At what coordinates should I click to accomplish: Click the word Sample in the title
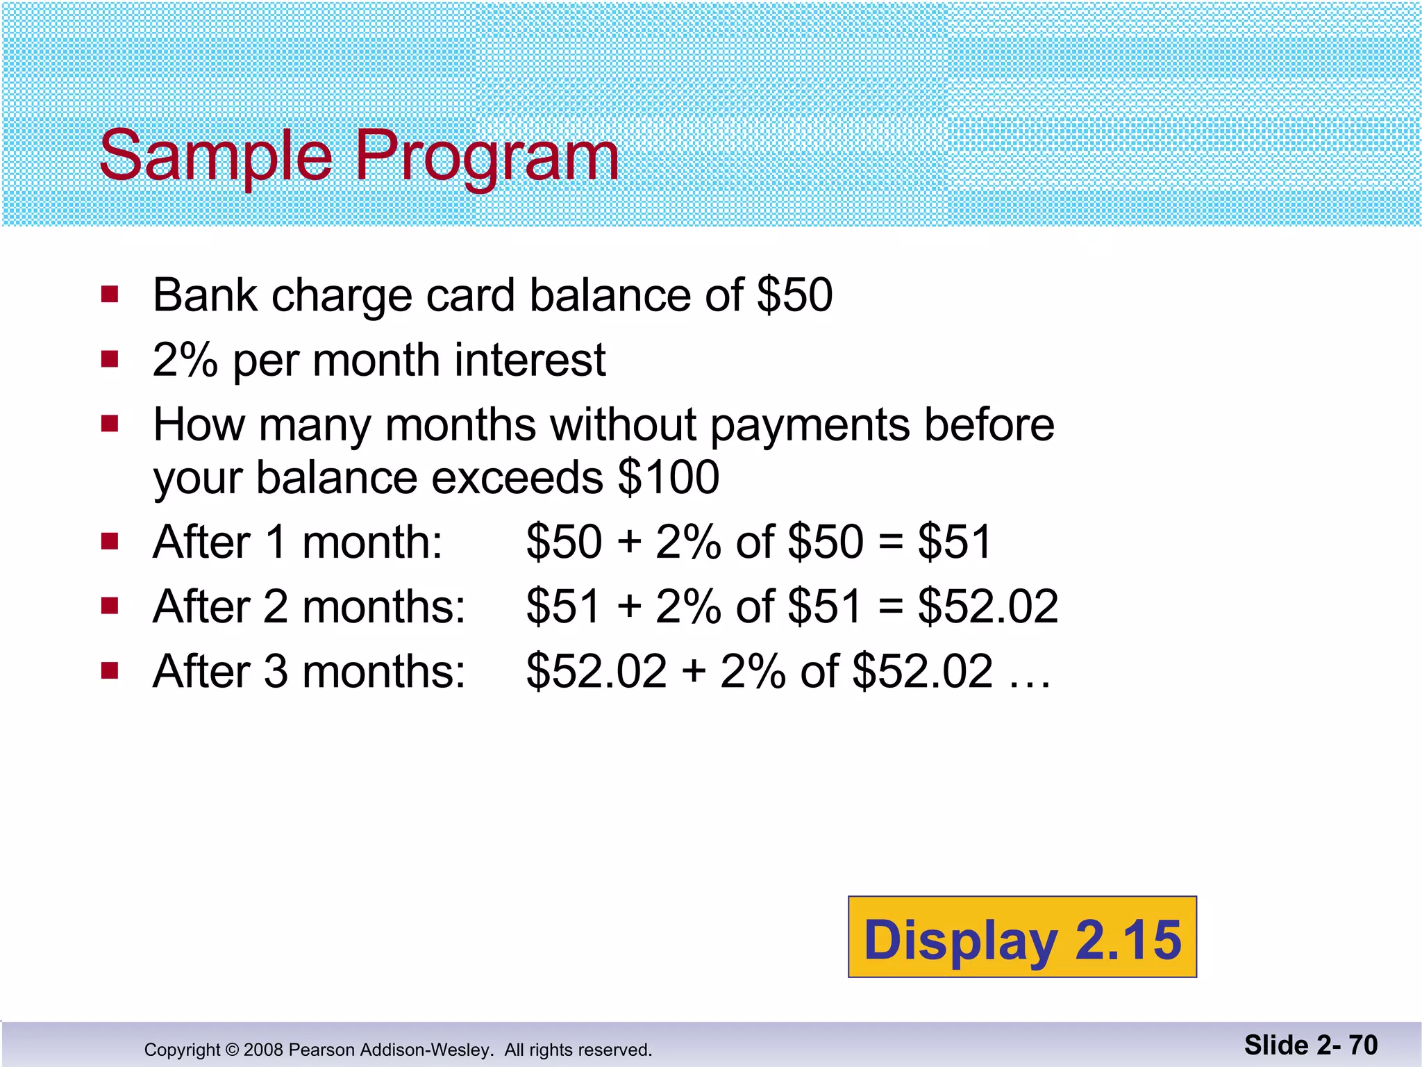coord(215,156)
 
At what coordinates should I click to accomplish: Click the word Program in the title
coord(486,156)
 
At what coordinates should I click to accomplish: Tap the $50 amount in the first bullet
coord(794,295)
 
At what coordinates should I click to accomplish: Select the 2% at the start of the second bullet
coord(185,361)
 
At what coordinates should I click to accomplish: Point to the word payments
coord(809,425)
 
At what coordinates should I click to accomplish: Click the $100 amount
coord(668,478)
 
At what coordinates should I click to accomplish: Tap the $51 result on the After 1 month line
coord(955,542)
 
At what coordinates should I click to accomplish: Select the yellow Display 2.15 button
coord(1022,937)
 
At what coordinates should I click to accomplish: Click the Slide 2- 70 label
coord(1310,1045)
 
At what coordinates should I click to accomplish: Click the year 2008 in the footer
coord(263,1050)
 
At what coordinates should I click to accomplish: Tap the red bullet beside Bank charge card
coord(110,295)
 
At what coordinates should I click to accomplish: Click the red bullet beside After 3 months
coord(110,670)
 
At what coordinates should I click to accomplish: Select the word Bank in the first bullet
coord(205,295)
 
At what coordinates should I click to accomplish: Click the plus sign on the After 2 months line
coord(629,605)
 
